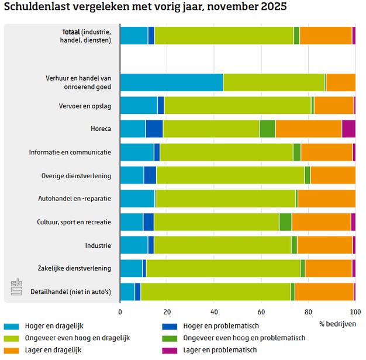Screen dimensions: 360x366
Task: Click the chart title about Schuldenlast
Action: pos(146,8)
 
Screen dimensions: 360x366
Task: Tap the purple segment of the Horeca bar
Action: pos(348,129)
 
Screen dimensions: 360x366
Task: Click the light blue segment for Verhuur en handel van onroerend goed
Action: pos(171,82)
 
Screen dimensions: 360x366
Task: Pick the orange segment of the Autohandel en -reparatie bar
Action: pos(326,198)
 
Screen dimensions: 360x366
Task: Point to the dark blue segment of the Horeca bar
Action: pos(154,129)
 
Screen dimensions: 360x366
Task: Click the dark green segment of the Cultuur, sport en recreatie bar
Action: pos(285,222)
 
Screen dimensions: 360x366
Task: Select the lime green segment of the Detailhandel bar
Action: pos(215,292)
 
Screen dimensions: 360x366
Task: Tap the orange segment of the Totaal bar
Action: pos(325,36)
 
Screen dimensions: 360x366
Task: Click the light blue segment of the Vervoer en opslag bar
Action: pos(139,105)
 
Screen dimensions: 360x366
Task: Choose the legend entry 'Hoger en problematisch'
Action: pos(220,326)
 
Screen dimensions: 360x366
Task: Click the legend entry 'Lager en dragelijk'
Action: pos(53,349)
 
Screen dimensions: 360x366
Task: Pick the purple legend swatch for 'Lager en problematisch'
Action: pos(171,349)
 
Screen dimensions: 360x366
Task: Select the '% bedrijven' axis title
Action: pos(337,323)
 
